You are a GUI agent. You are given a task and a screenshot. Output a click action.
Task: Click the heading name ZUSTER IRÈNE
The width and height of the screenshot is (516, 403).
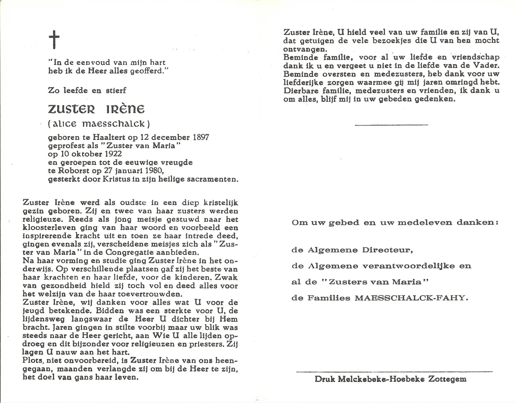click(x=96, y=109)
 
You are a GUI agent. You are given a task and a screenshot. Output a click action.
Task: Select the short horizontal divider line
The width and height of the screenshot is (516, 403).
click(x=391, y=125)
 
